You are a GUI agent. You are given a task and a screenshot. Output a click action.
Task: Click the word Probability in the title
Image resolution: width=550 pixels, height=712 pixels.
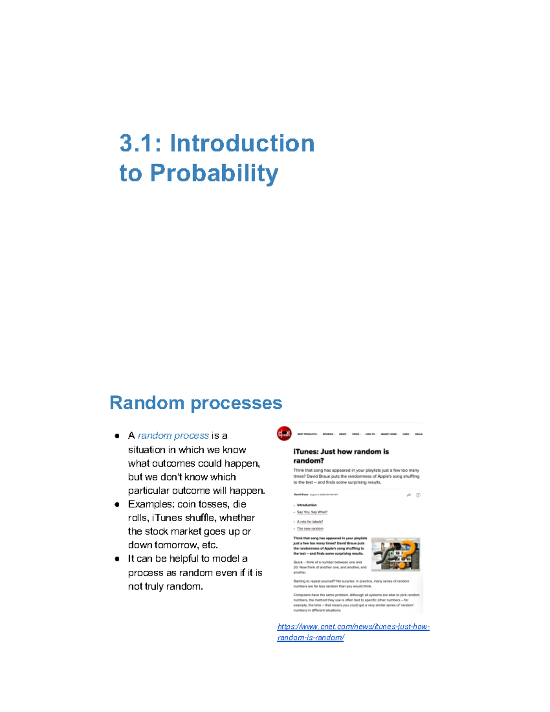point(214,174)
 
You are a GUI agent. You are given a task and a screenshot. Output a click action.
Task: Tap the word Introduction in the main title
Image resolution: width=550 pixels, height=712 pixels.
point(242,144)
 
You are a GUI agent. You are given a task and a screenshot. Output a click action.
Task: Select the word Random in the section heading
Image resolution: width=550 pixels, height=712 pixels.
point(146,403)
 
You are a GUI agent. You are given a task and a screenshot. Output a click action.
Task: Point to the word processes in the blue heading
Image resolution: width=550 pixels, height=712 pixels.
point(236,403)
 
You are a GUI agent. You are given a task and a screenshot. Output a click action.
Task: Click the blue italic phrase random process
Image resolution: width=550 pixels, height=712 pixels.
point(173,436)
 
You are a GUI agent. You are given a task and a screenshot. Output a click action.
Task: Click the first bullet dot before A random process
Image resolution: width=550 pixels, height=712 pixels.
point(117,436)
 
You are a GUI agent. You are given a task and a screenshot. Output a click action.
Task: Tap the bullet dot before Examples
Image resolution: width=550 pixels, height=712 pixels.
point(117,504)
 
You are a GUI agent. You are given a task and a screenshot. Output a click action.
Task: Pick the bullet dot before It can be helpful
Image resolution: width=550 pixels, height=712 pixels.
point(117,559)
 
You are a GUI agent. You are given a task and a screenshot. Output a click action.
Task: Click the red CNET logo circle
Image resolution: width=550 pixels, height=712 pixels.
point(284,433)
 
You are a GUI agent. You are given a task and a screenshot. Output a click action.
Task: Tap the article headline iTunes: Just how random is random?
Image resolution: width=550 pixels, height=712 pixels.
point(341,456)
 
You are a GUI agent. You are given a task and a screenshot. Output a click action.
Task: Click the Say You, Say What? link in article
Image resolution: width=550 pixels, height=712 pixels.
point(312,512)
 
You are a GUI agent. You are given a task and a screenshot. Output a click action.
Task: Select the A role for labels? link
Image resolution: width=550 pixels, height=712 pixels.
point(310,522)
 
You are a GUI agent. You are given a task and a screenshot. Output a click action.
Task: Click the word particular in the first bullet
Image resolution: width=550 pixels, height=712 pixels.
point(149,491)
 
